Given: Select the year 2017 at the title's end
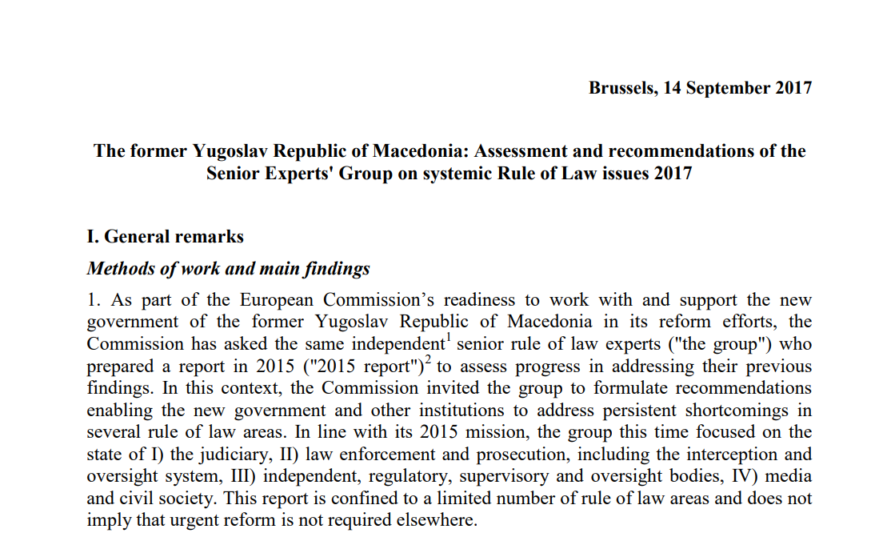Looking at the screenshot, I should coord(671,172).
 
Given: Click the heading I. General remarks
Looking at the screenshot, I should coord(165,236).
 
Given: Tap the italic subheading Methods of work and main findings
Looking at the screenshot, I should coord(228,268).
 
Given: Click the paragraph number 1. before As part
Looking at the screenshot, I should coord(94,300).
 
